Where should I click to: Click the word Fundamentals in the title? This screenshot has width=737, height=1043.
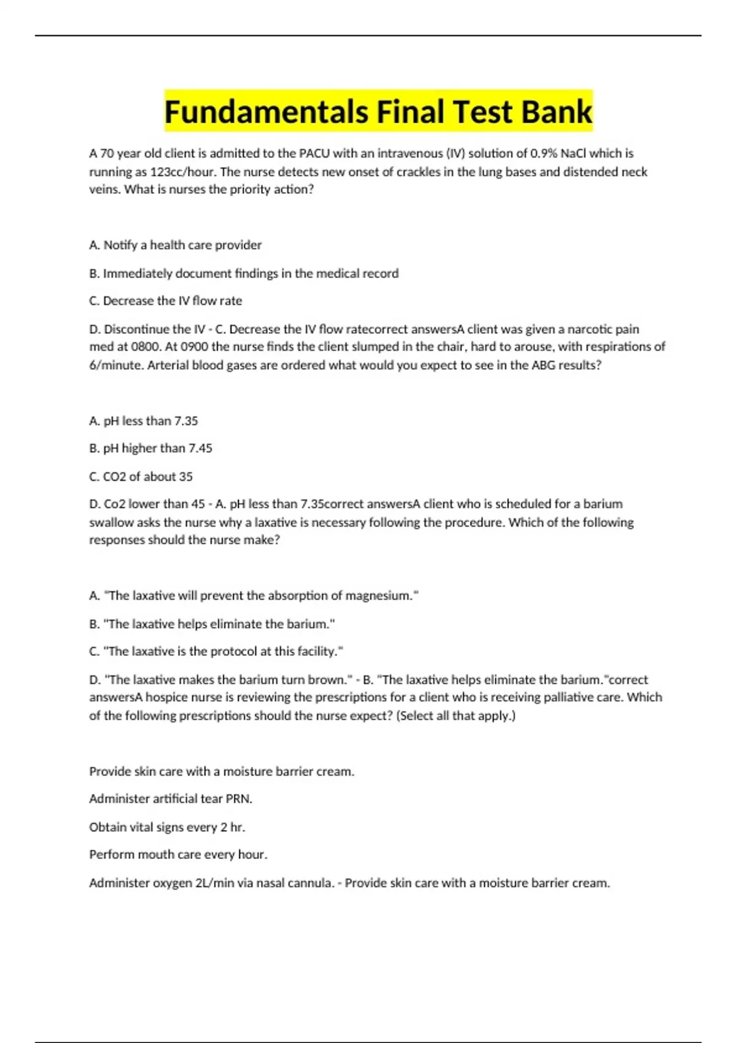[x=266, y=112]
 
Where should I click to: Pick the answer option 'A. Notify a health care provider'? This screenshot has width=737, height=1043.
[x=175, y=245]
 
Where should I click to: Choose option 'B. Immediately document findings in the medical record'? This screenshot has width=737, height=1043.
[x=244, y=273]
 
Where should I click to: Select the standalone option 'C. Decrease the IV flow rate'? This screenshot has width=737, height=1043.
[x=165, y=301]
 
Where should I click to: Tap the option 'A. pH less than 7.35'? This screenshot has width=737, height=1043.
[x=143, y=421]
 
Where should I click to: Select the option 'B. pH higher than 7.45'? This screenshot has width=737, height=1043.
[x=150, y=448]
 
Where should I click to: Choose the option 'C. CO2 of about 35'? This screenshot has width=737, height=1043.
[x=141, y=476]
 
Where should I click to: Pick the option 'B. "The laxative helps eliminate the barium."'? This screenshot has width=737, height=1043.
[x=212, y=624]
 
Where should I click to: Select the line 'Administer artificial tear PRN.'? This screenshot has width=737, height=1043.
[x=171, y=799]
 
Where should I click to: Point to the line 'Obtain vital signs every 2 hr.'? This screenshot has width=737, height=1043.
[x=167, y=827]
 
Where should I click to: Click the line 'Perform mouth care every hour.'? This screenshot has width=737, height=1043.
[x=178, y=855]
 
